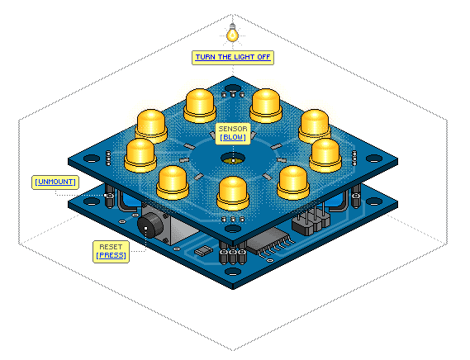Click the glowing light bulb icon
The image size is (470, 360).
tap(232, 33)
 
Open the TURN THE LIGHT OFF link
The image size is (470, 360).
tap(233, 57)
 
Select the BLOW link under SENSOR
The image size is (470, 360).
tap(233, 137)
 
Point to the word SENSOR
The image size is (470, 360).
tap(233, 129)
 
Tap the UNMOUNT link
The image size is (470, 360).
tap(55, 182)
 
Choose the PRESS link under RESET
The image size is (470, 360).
tap(112, 255)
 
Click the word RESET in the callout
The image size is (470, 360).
tap(111, 247)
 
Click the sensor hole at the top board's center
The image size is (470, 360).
tap(233, 159)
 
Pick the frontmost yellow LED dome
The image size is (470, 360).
tap(233, 193)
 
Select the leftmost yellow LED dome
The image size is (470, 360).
tap(140, 155)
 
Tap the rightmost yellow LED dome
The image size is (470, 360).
tap(325, 155)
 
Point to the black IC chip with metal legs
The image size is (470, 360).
tap(268, 242)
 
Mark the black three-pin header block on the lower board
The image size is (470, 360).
tap(311, 223)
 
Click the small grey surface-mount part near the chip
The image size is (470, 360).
tap(204, 250)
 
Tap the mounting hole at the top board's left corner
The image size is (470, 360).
tap(92, 159)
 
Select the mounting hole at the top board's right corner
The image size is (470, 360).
tap(374, 159)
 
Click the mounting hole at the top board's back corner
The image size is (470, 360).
tap(233, 88)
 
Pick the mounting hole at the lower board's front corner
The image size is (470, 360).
tap(233, 272)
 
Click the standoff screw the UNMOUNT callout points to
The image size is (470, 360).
tap(109, 196)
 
